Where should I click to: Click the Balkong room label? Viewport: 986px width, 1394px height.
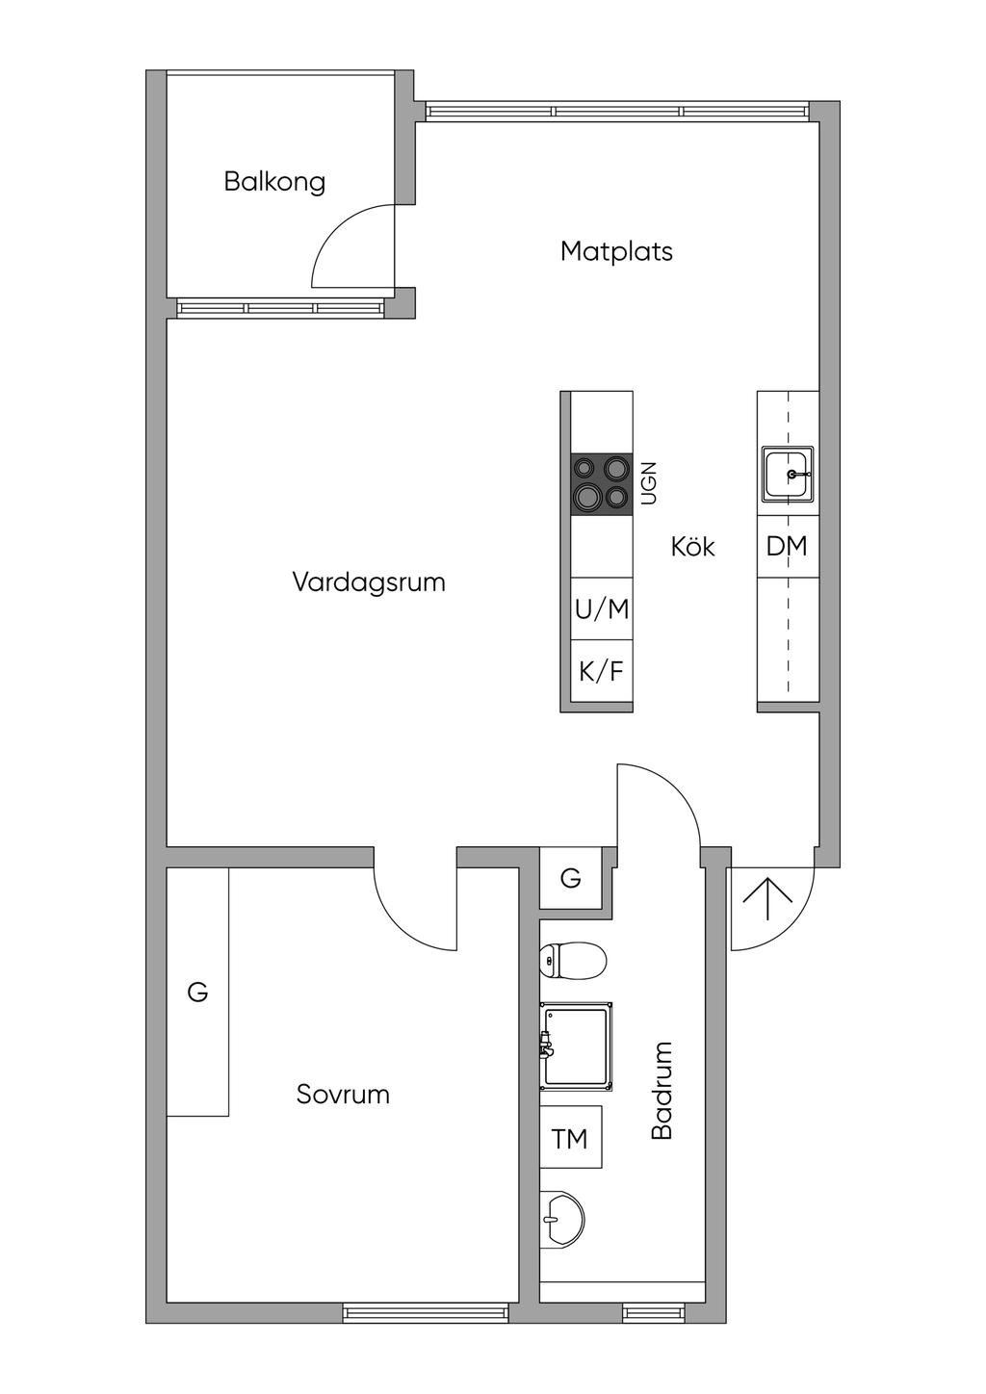(x=274, y=182)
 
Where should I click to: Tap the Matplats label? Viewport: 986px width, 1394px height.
(x=616, y=252)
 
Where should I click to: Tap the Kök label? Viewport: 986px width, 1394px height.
(x=693, y=547)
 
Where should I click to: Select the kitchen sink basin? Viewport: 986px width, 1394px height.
(x=788, y=475)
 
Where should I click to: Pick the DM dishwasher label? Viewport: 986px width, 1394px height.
(x=787, y=547)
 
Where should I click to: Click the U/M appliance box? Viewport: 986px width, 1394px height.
(x=602, y=608)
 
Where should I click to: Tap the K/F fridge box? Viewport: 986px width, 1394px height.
(x=602, y=671)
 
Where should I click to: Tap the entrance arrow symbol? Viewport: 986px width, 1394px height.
(x=767, y=898)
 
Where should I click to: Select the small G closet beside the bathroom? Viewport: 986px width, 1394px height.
(x=570, y=878)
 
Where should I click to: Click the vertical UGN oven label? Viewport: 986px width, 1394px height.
(x=648, y=483)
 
